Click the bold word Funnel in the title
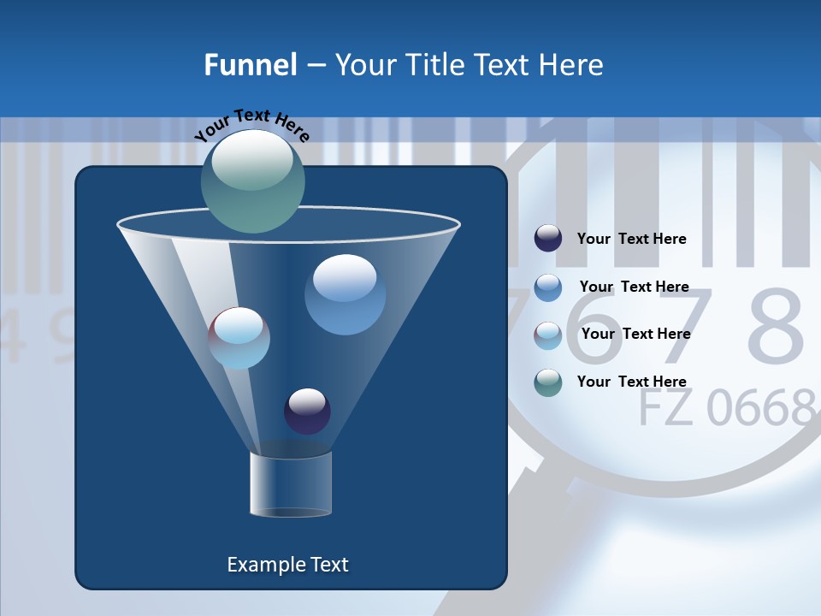pos(250,65)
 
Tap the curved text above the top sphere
pos(251,125)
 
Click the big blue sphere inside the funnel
pos(345,294)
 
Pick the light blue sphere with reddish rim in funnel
pos(239,338)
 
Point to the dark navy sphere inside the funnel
pos(307,412)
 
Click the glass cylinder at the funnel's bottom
pos(291,484)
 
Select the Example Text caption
pos(288,565)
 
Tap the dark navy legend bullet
pos(548,239)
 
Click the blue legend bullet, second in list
pos(548,287)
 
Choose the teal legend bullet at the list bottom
pos(548,382)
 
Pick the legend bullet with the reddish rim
pos(548,335)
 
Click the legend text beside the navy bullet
pos(631,239)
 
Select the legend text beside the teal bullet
pos(631,382)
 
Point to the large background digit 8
pos(775,328)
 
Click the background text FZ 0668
pos(727,408)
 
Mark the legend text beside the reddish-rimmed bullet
pos(635,334)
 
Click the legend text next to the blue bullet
pos(634,287)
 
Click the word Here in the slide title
pos(571,65)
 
